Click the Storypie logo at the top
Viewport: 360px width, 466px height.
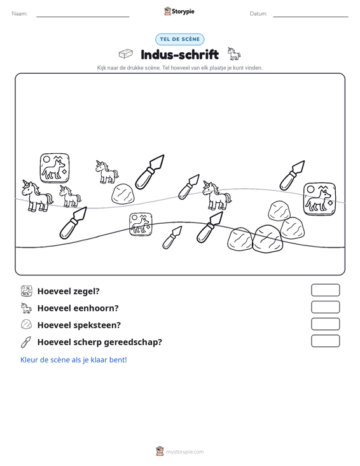coord(179,11)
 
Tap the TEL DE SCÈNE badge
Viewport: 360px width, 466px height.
coord(180,39)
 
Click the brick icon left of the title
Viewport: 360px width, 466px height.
coord(126,54)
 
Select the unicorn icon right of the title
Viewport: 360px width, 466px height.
coord(234,54)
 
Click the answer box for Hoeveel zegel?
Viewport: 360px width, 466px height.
coord(325,290)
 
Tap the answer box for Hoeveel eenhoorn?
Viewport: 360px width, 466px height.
coord(325,307)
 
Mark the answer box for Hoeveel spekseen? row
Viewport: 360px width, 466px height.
coord(325,324)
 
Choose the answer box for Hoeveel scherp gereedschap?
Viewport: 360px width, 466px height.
coord(325,341)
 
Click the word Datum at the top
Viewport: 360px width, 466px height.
coord(258,14)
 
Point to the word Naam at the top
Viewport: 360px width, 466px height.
coord(20,14)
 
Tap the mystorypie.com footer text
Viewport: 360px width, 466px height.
coord(184,452)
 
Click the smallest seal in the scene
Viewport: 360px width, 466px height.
coord(141,224)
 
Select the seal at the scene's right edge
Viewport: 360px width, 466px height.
coord(319,199)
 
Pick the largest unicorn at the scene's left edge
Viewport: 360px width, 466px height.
coord(36,196)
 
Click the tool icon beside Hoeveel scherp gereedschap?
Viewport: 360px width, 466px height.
coord(26,342)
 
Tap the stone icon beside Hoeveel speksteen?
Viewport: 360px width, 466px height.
coord(26,324)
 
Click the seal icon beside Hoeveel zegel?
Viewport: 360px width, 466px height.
coord(27,291)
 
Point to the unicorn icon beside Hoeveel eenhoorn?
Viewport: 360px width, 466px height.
coord(26,308)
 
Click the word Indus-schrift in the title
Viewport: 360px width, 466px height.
coord(180,55)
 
